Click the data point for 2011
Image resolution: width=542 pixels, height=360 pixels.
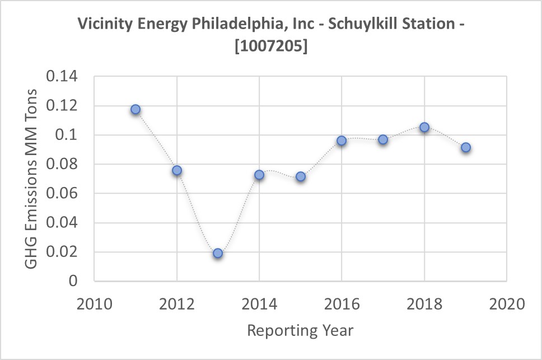(135, 109)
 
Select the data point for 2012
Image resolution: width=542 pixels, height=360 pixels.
(177, 170)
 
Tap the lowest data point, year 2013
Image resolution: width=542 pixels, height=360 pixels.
(218, 253)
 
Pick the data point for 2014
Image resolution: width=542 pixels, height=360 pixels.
(259, 175)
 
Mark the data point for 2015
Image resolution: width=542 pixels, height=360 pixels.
(301, 176)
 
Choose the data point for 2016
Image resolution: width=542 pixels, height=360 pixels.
(342, 141)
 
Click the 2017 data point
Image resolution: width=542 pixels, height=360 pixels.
(383, 139)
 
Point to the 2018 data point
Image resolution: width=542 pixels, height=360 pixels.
(424, 127)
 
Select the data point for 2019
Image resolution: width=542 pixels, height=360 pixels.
(465, 147)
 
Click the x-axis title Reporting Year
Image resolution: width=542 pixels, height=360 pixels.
(300, 330)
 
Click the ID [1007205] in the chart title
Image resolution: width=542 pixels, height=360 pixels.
(271, 47)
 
